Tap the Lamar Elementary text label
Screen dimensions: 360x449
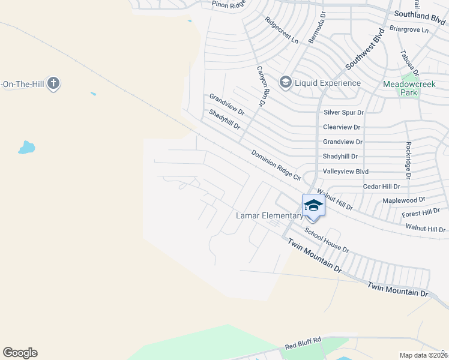point(270,216)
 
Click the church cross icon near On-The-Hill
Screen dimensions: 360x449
point(53,83)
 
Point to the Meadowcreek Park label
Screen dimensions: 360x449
point(408,89)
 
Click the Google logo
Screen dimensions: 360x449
point(20,353)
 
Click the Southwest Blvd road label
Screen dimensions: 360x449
point(363,49)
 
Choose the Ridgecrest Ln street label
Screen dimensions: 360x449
point(282,30)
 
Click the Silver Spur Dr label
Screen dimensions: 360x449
point(343,112)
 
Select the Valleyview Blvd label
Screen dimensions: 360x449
point(345,171)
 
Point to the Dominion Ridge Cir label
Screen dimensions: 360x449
point(276,165)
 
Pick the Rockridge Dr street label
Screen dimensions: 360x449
point(408,160)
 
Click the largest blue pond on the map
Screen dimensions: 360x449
point(26,147)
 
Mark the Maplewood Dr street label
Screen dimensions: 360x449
point(403,199)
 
